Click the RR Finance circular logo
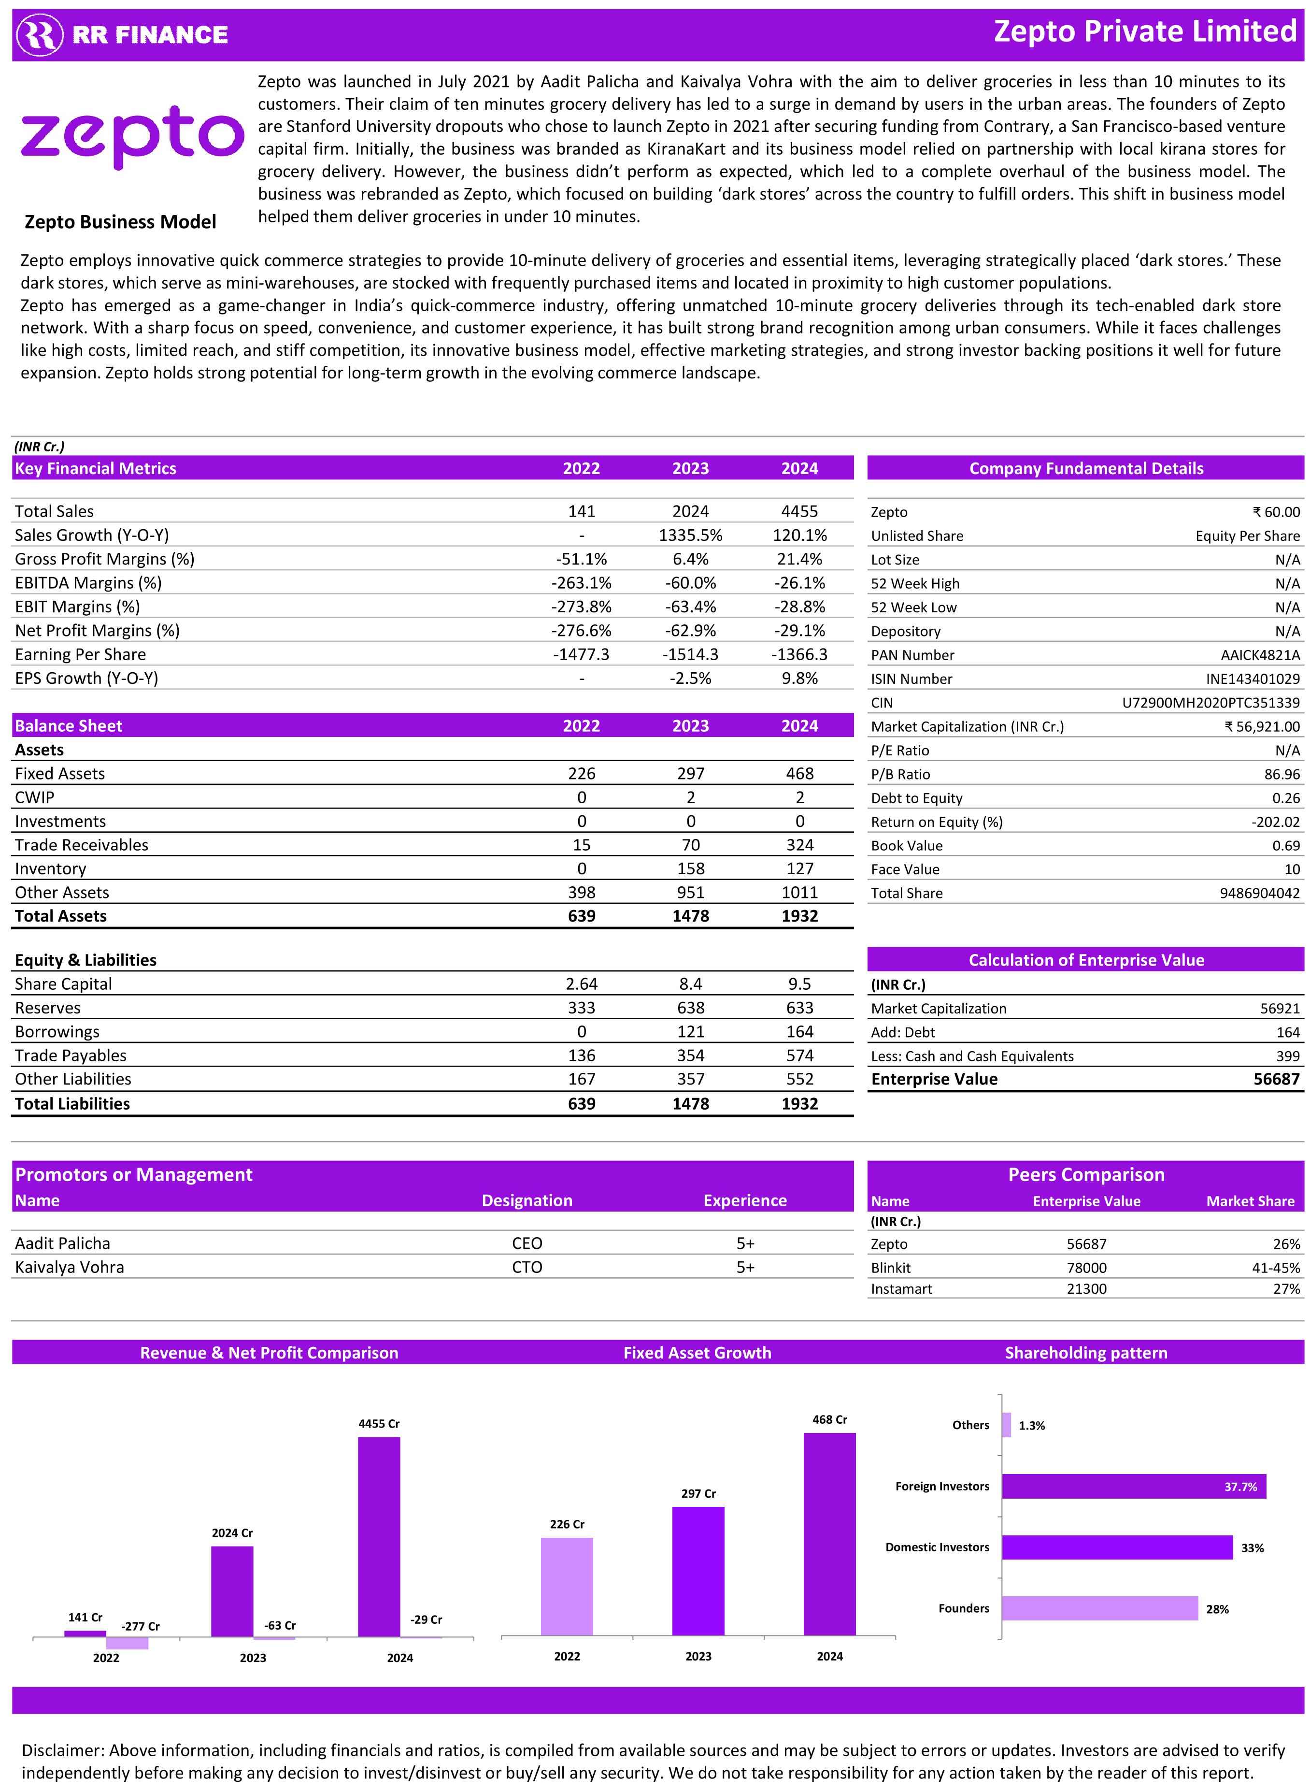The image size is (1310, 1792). (x=40, y=35)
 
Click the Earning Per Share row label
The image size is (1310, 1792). (x=80, y=654)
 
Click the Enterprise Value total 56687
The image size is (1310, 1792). (x=1276, y=1079)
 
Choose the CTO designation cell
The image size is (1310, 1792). (x=527, y=1267)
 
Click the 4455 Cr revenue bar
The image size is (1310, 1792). (x=379, y=1536)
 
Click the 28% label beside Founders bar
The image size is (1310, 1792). (x=1217, y=1609)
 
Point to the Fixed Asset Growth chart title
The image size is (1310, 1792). (x=697, y=1353)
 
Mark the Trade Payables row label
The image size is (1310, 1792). (x=71, y=1055)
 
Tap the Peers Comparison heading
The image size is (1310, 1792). (x=1085, y=1175)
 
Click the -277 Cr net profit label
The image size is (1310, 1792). (x=141, y=1626)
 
